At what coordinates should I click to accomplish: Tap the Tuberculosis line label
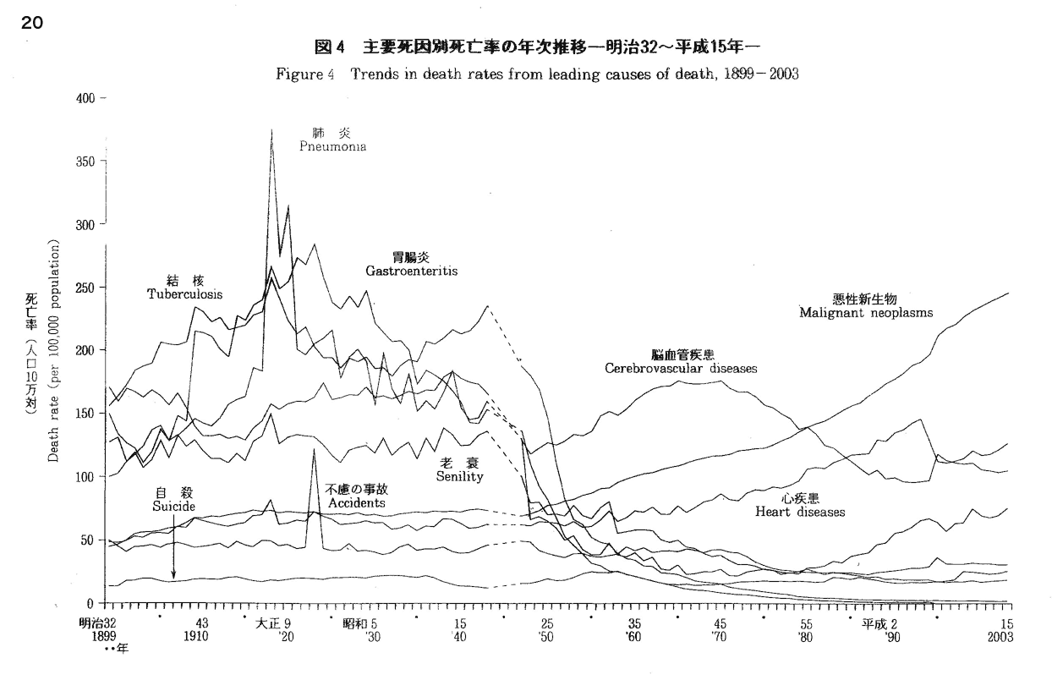(x=184, y=294)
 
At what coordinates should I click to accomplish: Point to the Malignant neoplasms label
(x=866, y=312)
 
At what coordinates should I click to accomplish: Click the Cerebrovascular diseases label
(x=680, y=369)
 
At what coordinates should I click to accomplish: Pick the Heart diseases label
(x=800, y=513)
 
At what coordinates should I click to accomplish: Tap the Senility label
(x=459, y=477)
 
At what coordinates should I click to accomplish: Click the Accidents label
(x=355, y=502)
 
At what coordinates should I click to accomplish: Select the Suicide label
(x=173, y=506)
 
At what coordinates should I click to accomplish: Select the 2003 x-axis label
(x=1001, y=636)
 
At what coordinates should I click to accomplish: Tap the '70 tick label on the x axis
(x=719, y=636)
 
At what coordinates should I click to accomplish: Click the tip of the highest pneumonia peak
(x=271, y=129)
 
